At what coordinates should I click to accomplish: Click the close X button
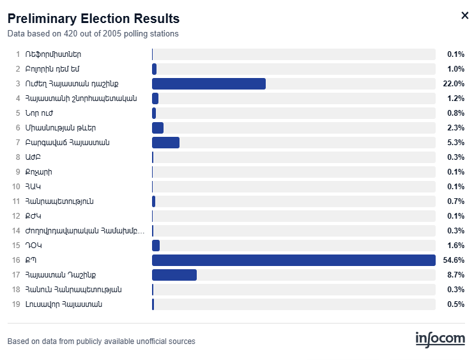(464, 15)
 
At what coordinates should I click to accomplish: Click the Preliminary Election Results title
(93, 19)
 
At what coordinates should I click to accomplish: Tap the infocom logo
(440, 340)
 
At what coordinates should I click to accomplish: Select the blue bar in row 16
(294, 260)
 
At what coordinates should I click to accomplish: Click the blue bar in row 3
(209, 84)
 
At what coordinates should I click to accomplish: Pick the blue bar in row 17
(174, 275)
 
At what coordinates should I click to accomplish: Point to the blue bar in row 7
(165, 143)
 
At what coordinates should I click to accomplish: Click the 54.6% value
(454, 260)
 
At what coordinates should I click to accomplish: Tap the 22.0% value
(454, 84)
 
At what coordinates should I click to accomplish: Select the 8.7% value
(456, 275)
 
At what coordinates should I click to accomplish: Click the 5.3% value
(456, 143)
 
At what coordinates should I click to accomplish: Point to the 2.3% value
(456, 128)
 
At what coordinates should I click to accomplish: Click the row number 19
(16, 304)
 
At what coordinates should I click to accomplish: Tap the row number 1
(18, 54)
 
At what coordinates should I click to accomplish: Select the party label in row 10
(33, 187)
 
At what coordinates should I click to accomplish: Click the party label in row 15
(34, 246)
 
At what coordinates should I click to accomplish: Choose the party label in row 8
(33, 157)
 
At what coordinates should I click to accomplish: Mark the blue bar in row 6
(158, 128)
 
